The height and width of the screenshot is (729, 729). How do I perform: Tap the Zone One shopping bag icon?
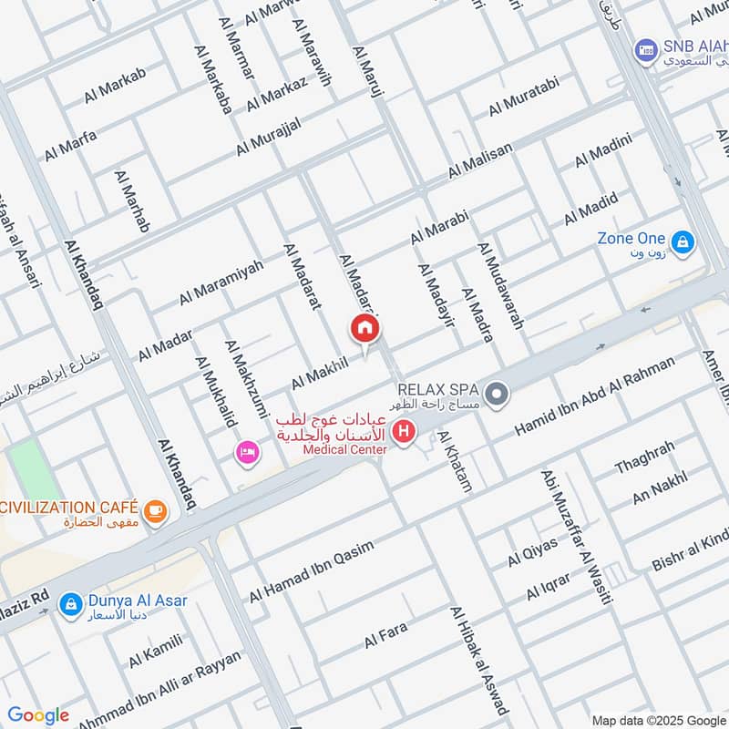click(x=684, y=243)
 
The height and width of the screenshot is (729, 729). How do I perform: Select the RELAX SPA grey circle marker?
click(x=497, y=395)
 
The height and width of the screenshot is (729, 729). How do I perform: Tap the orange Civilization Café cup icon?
click(x=156, y=510)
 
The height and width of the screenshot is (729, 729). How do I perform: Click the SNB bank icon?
click(x=646, y=47)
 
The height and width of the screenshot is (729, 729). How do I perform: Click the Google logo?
click(x=38, y=715)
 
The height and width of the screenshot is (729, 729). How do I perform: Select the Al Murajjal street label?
click(x=269, y=134)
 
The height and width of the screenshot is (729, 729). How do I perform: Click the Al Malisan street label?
click(x=480, y=160)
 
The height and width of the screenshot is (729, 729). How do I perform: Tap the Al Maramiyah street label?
click(x=221, y=282)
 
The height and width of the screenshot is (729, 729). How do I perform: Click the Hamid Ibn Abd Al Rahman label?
click(x=596, y=395)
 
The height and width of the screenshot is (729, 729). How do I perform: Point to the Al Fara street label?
click(x=385, y=635)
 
